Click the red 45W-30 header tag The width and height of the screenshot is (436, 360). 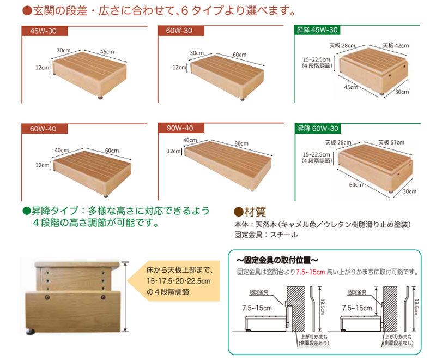[x=45, y=31]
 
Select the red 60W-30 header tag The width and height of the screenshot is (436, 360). [x=181, y=31]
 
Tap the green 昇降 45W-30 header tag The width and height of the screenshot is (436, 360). [x=317, y=30]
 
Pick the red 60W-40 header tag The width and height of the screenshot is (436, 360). [x=45, y=129]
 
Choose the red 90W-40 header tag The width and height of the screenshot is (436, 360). [x=181, y=128]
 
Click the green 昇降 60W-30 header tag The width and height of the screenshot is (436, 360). [x=318, y=129]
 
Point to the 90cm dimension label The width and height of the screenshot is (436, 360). [x=241, y=143]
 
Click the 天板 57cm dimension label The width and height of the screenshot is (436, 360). [x=391, y=142]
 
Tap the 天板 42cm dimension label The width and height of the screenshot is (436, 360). [x=396, y=46]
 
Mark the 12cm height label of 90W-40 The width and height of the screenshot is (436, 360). [x=174, y=151]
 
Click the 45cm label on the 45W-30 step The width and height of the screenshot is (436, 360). [x=107, y=52]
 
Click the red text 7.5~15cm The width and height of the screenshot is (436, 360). [x=310, y=272]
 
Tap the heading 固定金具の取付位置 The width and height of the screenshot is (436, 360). [x=277, y=260]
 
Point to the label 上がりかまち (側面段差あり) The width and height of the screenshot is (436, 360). [x=314, y=340]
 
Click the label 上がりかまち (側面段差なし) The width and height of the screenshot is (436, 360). [x=398, y=340]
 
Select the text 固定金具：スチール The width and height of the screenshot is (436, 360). [x=266, y=235]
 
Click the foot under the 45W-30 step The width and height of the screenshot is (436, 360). [x=100, y=98]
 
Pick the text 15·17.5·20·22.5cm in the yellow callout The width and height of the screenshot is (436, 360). [x=179, y=281]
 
